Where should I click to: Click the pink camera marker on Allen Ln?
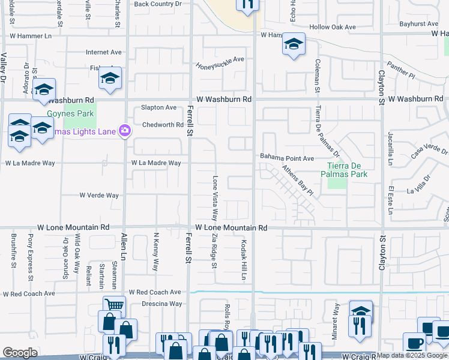tap(125, 130)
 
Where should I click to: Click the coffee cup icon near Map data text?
tap(414, 343)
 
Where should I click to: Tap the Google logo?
tap(20, 353)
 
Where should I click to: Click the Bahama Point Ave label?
tap(287, 158)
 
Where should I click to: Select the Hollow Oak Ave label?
tap(333, 27)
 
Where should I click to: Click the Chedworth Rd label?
tap(163, 125)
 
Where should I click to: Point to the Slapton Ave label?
tap(158, 107)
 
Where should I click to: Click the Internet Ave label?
tap(104, 52)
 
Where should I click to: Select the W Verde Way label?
tap(100, 195)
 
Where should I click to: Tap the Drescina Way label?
tap(162, 304)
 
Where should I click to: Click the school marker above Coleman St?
tap(294, 44)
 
